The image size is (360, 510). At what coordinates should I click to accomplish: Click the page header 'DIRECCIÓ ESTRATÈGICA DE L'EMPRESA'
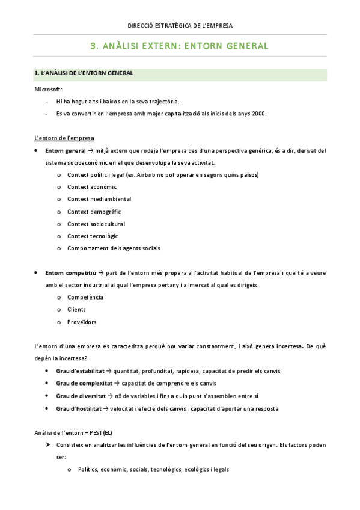(180, 25)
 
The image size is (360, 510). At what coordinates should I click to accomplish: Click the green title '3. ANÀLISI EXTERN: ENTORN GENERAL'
(179, 46)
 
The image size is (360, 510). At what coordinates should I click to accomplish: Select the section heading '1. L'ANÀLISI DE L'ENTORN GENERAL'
(84, 73)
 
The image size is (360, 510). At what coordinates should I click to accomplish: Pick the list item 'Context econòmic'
(92, 187)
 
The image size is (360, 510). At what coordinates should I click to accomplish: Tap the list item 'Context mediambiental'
(99, 199)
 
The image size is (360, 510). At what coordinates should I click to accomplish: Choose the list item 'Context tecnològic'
(93, 236)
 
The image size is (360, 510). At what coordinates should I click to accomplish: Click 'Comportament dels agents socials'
(114, 248)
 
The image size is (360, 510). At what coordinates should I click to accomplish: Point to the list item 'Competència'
(85, 297)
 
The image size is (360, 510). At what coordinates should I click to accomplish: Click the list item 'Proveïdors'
(82, 322)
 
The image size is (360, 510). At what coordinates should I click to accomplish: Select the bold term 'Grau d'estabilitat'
(81, 371)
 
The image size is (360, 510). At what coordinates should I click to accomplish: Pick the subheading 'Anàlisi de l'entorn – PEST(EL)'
(73, 433)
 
